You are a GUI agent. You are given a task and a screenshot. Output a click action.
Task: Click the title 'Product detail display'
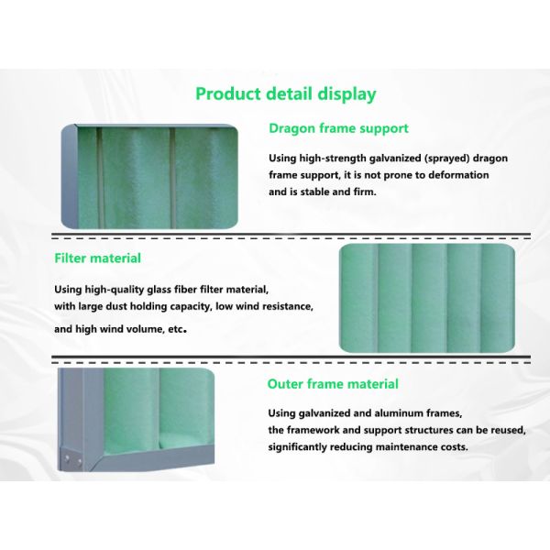point(286,94)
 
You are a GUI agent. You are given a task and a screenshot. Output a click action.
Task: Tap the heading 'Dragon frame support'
point(338,128)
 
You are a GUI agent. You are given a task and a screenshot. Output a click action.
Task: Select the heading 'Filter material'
point(97,258)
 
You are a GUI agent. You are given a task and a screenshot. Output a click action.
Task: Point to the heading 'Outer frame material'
point(333,384)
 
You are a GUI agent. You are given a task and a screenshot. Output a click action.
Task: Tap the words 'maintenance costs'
point(430,447)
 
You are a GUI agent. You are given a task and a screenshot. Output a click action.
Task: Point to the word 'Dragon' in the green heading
point(290,128)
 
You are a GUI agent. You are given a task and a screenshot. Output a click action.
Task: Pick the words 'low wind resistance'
point(259,305)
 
